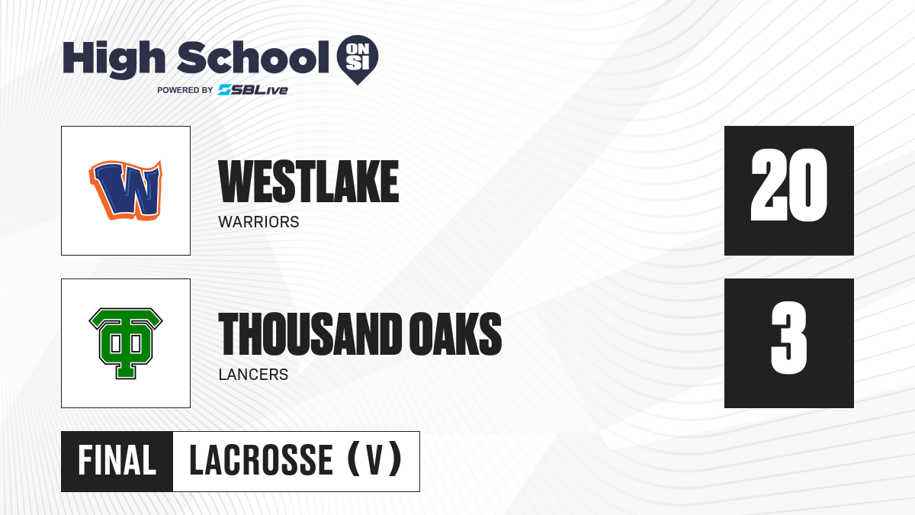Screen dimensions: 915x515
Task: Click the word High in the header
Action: click(114, 60)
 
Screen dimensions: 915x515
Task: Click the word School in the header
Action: click(253, 57)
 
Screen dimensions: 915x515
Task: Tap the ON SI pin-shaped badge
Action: click(358, 60)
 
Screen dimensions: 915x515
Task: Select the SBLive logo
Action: click(253, 90)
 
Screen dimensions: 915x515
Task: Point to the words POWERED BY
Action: click(185, 90)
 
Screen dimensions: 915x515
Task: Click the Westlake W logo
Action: click(126, 190)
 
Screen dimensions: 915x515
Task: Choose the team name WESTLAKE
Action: click(308, 182)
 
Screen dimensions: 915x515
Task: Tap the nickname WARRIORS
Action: click(258, 222)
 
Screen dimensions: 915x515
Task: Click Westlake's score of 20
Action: click(788, 185)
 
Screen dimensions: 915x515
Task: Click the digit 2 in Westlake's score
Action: click(769, 185)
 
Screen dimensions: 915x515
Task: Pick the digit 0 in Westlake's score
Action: click(808, 185)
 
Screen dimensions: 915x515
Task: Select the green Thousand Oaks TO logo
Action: click(126, 343)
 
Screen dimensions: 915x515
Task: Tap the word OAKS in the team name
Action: click(455, 333)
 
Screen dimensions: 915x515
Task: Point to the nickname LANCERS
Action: click(253, 375)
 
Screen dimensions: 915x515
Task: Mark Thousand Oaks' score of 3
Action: click(788, 338)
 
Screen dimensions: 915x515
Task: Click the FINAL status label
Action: click(117, 461)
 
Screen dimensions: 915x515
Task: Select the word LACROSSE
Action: click(261, 461)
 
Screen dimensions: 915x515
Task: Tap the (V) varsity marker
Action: click(374, 459)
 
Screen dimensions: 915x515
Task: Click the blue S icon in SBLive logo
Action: click(225, 90)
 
